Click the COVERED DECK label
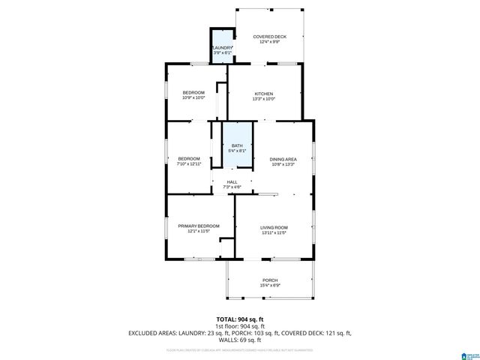(269, 36)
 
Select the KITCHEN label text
(263, 93)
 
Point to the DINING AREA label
(283, 159)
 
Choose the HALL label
(232, 181)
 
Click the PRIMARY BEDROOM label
(199, 226)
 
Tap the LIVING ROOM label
(274, 226)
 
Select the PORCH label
(269, 280)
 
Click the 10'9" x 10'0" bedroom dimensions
(193, 97)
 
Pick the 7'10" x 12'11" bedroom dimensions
(189, 163)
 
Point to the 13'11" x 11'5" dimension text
(274, 232)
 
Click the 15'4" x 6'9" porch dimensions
(269, 286)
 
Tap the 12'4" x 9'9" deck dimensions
(269, 41)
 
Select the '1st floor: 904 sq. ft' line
(239, 326)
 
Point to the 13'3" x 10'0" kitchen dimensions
(263, 98)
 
